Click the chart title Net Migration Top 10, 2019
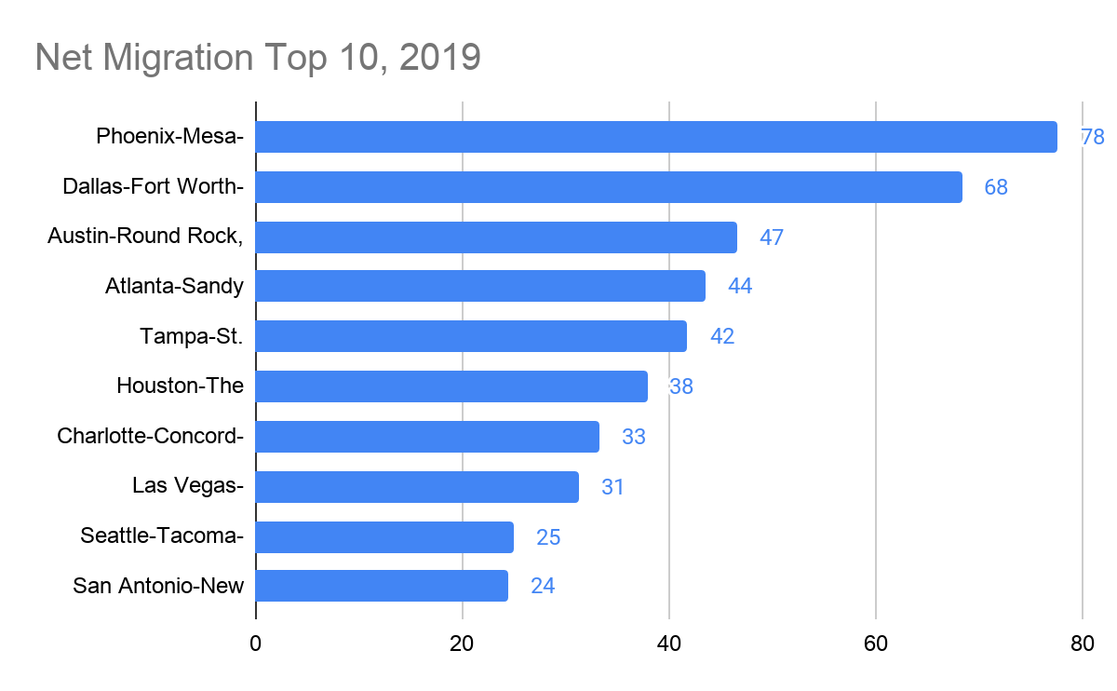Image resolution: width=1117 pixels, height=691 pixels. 258,57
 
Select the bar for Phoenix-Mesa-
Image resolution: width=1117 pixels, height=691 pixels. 656,137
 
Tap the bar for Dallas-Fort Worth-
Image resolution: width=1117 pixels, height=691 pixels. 609,187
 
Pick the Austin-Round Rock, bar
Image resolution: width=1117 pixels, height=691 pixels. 496,237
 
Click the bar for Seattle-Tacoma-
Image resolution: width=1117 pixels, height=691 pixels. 384,537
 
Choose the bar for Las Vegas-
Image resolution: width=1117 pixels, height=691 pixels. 417,487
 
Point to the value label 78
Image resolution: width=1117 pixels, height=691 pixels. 1092,137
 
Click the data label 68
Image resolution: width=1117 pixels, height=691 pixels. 996,187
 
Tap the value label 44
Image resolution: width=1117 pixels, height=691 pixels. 740,287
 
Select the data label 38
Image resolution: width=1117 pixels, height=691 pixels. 681,386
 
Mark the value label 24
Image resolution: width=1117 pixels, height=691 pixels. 543,587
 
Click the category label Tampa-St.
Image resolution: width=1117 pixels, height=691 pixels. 192,336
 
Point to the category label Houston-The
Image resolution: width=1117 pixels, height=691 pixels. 181,386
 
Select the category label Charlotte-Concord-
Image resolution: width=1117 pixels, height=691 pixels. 151,436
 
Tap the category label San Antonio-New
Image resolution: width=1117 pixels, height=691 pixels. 158,586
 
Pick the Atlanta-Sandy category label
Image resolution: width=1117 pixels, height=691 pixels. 175,286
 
